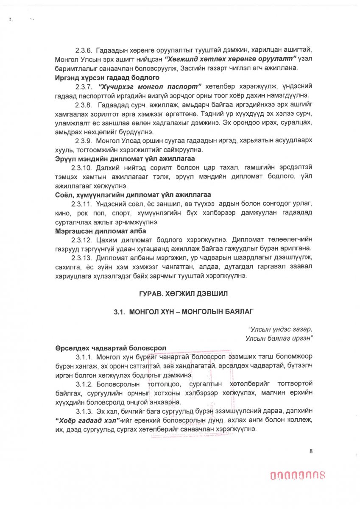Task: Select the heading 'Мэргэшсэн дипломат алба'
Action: [x=100, y=231]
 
